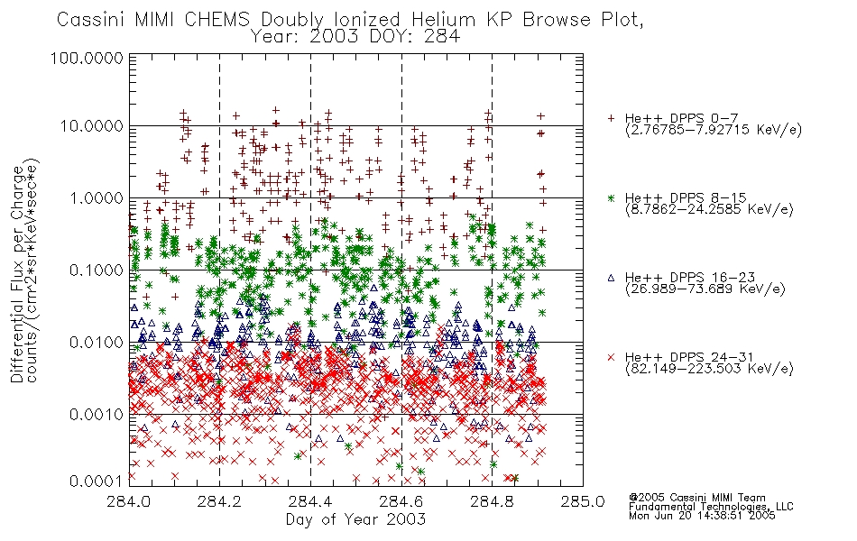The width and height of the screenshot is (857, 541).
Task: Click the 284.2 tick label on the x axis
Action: (220, 501)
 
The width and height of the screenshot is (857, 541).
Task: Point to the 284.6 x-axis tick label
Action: (401, 501)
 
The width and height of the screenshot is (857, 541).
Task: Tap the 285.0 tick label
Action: (583, 501)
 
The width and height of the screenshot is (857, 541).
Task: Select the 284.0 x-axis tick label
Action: (129, 501)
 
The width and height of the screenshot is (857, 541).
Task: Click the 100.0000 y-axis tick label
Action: (87, 58)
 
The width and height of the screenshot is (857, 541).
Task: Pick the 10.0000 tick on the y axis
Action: (91, 126)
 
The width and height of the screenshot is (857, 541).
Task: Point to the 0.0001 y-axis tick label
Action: (97, 481)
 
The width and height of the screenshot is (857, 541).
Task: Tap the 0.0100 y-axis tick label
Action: (97, 343)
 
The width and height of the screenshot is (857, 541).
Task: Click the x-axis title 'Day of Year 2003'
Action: (355, 519)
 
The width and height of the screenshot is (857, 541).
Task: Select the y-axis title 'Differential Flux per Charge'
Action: (17, 274)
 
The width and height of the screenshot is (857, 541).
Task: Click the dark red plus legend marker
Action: (612, 118)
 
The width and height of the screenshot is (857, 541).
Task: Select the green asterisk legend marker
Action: (612, 197)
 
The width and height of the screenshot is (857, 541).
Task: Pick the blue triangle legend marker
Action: (612, 278)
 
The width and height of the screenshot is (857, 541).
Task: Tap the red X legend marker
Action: (612, 357)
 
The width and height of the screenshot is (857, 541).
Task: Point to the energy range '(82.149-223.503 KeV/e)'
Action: (709, 369)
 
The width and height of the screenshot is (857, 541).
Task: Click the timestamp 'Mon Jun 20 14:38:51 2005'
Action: (702, 516)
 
